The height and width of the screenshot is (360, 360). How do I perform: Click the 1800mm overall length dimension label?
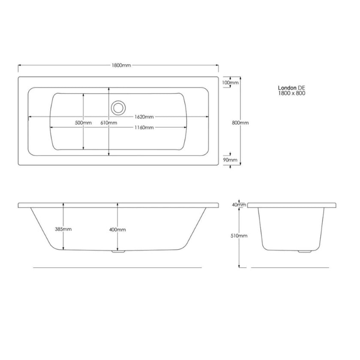point(121,66)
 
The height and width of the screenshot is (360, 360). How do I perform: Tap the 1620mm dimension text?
point(143,117)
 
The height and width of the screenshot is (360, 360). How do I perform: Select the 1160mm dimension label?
point(143,128)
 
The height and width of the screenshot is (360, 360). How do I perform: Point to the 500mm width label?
point(83,123)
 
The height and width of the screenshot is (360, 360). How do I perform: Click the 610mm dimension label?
point(109,123)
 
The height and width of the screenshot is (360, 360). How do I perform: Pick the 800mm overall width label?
point(240,123)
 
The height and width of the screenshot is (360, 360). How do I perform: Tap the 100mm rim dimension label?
point(230,82)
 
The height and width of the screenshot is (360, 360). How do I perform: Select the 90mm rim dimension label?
point(230,160)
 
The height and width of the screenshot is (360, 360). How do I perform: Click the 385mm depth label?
point(63,229)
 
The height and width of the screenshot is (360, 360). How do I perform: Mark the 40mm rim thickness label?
point(239,205)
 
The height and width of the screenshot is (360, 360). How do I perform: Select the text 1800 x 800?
point(291,93)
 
